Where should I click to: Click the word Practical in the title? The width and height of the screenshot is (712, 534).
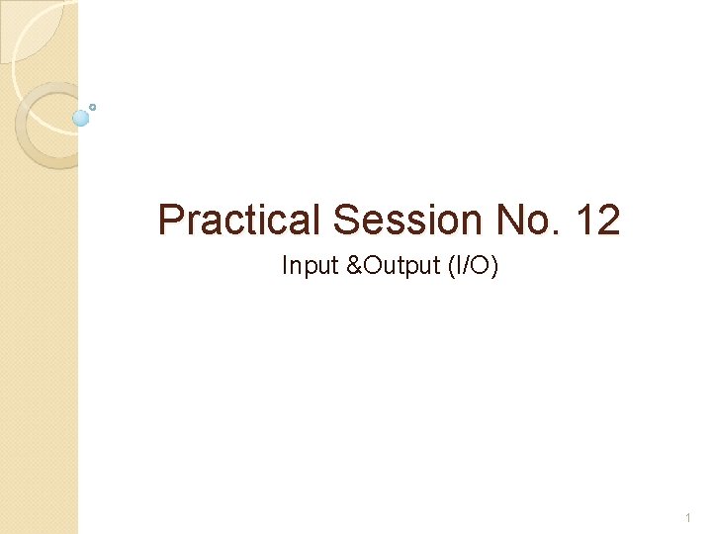coord(241,220)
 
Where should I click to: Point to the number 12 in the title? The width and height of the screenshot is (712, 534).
coord(596,220)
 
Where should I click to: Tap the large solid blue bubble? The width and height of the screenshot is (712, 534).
coord(81,118)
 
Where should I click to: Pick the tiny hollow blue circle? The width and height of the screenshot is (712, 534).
coord(93,106)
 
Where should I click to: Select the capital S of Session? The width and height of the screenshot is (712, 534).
coord(347,220)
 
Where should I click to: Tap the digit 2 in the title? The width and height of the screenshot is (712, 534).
coord(608,220)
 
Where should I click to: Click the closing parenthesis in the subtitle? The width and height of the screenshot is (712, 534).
coord(494,266)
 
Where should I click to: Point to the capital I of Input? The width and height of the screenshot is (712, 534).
coord(285,266)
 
